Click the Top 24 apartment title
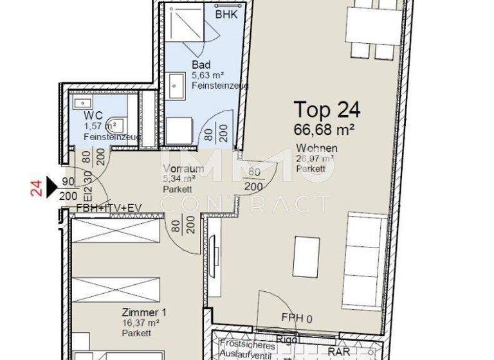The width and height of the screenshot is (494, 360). [x=327, y=109]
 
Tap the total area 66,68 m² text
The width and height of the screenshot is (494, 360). [x=325, y=129]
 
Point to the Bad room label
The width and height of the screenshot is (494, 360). [x=201, y=65]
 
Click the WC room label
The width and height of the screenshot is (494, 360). [x=93, y=115]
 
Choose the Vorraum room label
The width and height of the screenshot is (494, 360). [x=183, y=169]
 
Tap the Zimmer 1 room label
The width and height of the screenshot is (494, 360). [x=144, y=313]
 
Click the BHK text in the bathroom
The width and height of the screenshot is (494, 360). [x=225, y=14]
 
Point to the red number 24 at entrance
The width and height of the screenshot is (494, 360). [x=37, y=188]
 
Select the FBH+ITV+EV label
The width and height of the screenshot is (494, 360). [x=109, y=208]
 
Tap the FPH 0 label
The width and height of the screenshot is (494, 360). [x=297, y=318]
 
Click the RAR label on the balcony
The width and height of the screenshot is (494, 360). [x=339, y=352]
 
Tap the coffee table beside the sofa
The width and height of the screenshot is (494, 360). [x=306, y=256]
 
